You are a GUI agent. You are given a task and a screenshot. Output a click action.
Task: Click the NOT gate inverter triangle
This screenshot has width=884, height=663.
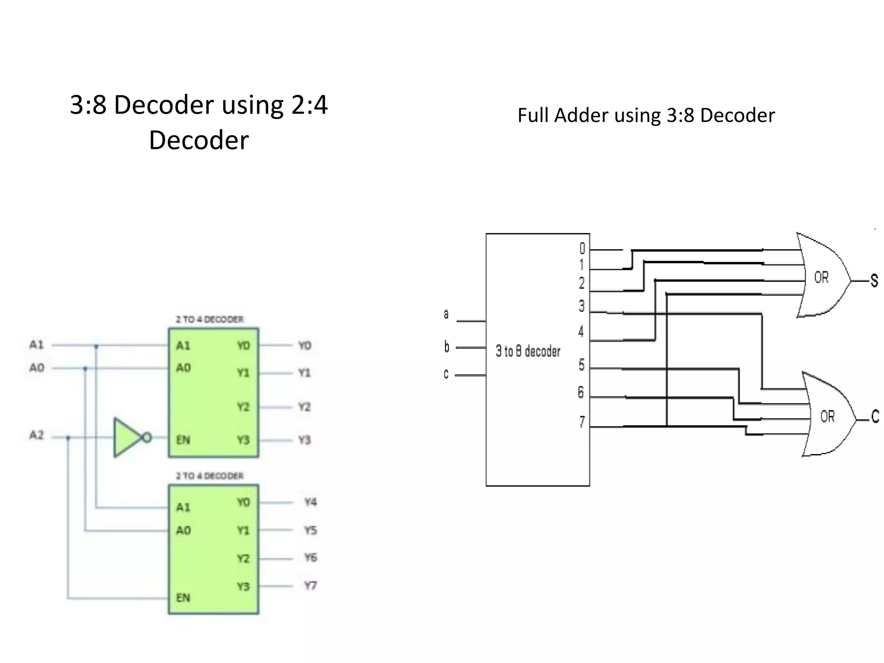click(126, 437)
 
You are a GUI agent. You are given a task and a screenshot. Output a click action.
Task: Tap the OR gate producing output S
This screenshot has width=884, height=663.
click(822, 276)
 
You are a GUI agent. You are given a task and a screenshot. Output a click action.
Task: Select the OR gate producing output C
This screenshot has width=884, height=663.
click(827, 415)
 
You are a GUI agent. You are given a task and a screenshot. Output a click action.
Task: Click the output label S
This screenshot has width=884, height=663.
click(874, 281)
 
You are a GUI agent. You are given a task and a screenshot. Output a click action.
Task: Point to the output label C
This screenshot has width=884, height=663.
click(875, 416)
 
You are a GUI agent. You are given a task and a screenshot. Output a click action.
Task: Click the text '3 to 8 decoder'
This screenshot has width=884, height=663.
click(527, 351)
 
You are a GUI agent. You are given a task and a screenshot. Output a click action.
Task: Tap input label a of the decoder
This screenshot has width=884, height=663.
click(446, 314)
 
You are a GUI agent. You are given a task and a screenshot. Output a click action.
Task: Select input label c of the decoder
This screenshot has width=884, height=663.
click(446, 374)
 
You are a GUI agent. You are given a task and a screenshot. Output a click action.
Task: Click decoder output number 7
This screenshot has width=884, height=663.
click(582, 421)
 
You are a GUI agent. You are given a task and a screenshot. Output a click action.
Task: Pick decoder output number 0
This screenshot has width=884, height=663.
click(582, 248)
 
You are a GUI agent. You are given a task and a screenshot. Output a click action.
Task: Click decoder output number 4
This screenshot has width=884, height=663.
click(581, 331)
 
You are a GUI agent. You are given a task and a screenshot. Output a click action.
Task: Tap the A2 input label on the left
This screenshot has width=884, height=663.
click(37, 435)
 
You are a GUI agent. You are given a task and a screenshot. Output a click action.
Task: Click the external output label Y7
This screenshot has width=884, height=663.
click(310, 586)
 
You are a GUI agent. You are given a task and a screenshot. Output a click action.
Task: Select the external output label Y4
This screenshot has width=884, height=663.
click(310, 502)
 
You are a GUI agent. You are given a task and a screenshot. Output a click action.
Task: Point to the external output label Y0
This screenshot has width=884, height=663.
click(305, 345)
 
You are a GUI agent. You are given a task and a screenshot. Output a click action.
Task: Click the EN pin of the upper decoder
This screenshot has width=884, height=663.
click(183, 440)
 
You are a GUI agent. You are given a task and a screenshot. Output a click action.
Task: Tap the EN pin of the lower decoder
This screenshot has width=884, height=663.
click(183, 597)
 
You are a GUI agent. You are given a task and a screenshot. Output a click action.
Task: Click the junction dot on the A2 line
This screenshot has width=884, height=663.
click(68, 438)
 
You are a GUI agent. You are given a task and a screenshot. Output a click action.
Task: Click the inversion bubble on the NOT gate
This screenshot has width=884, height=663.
click(147, 438)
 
